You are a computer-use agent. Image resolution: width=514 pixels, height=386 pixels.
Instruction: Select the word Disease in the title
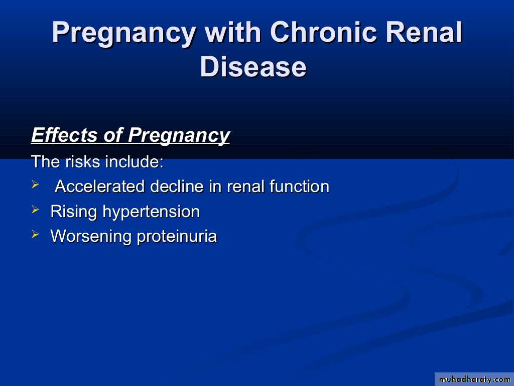[x=253, y=67]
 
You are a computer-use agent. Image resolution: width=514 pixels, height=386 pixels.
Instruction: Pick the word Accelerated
[x=100, y=186]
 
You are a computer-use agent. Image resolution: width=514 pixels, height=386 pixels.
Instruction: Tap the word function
[x=299, y=186]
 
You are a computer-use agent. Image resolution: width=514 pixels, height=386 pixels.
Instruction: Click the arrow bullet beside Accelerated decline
[x=36, y=184]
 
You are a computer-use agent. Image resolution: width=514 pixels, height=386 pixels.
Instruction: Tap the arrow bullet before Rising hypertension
[x=36, y=209]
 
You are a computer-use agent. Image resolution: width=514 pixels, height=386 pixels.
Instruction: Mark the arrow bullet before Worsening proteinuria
[x=36, y=234]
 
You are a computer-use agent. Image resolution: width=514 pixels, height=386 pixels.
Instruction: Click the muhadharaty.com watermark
[x=474, y=379]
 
